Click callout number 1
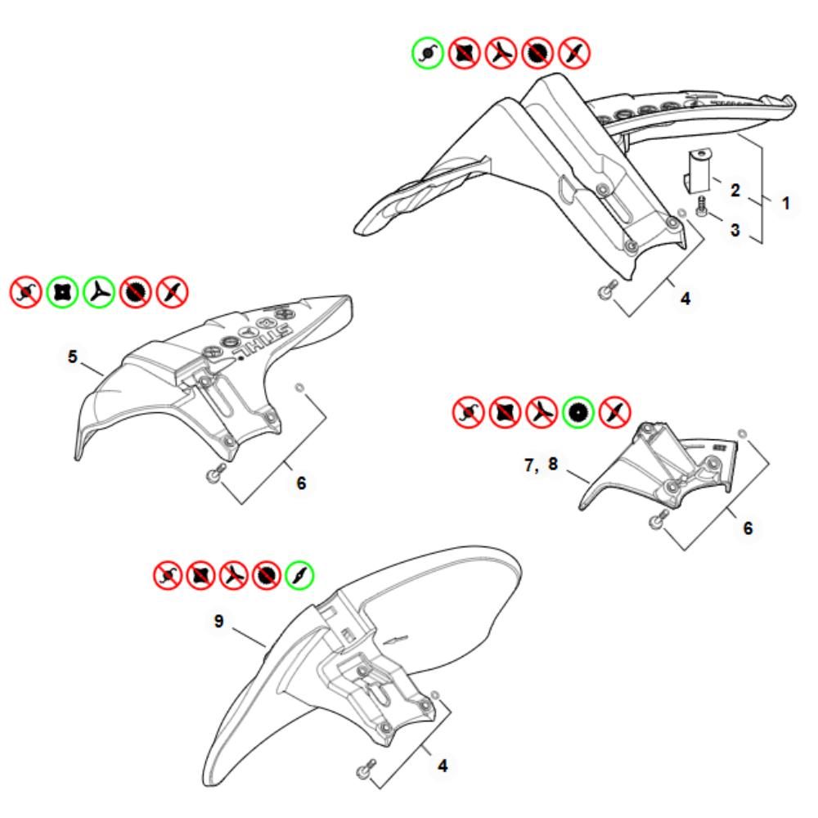[x=785, y=203]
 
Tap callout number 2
[x=735, y=190]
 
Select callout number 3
[x=735, y=230]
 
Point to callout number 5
[x=73, y=357]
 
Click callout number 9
[x=219, y=621]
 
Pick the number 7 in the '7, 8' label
[x=530, y=464]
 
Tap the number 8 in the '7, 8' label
[x=553, y=464]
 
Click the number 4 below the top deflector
[x=685, y=299]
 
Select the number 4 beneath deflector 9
[x=443, y=766]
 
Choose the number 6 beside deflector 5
[x=301, y=483]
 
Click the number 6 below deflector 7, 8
[x=748, y=528]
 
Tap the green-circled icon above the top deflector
[x=428, y=52]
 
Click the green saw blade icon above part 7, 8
[x=578, y=412]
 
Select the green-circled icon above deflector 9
[x=300, y=575]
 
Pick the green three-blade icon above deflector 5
[x=99, y=292]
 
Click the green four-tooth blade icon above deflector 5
[x=62, y=292]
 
